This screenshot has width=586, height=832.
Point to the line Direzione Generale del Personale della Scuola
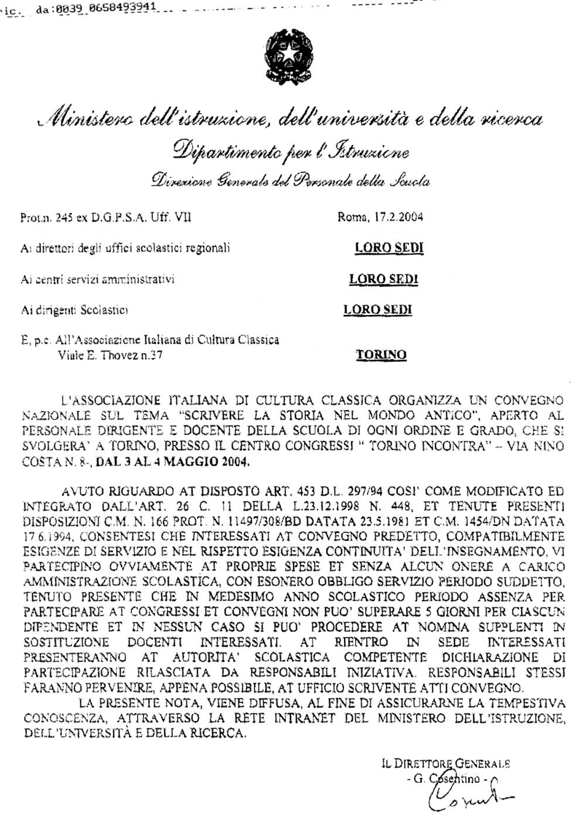click(290, 181)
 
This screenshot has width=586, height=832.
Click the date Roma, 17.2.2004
click(380, 218)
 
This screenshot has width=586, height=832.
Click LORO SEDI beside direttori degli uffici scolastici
click(389, 248)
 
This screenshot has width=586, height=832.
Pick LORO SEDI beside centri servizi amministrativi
click(383, 279)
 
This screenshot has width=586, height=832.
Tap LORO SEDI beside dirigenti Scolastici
click(377, 310)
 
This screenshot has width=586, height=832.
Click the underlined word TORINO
click(381, 354)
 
